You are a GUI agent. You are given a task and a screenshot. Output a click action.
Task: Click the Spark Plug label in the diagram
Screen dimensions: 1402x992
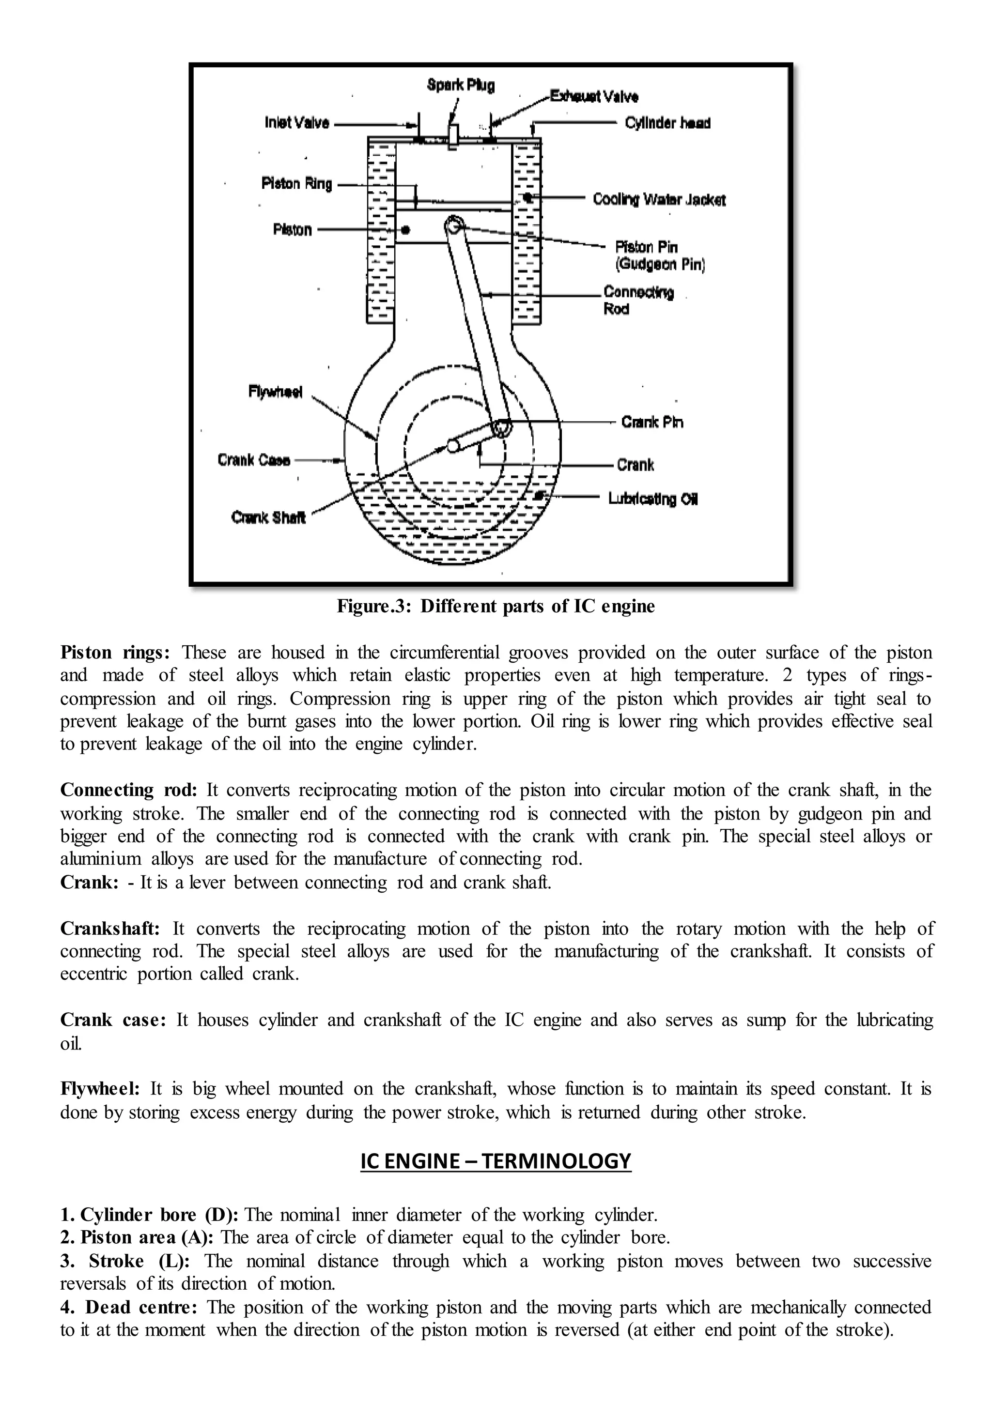[461, 86]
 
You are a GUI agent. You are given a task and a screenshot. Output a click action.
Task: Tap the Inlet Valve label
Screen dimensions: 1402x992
[297, 123]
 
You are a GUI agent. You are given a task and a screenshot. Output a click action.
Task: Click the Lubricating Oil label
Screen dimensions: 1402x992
[652, 499]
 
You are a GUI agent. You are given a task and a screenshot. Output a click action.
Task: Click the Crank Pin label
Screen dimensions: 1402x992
[652, 422]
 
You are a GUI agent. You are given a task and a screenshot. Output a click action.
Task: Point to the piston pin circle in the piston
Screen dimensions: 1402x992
[454, 225]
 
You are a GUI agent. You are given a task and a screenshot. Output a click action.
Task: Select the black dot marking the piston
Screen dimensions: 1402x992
[405, 230]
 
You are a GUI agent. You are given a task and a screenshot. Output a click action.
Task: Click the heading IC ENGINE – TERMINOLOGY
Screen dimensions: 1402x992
[496, 1160]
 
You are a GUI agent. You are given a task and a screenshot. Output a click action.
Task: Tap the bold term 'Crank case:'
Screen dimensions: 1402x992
[113, 1020]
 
